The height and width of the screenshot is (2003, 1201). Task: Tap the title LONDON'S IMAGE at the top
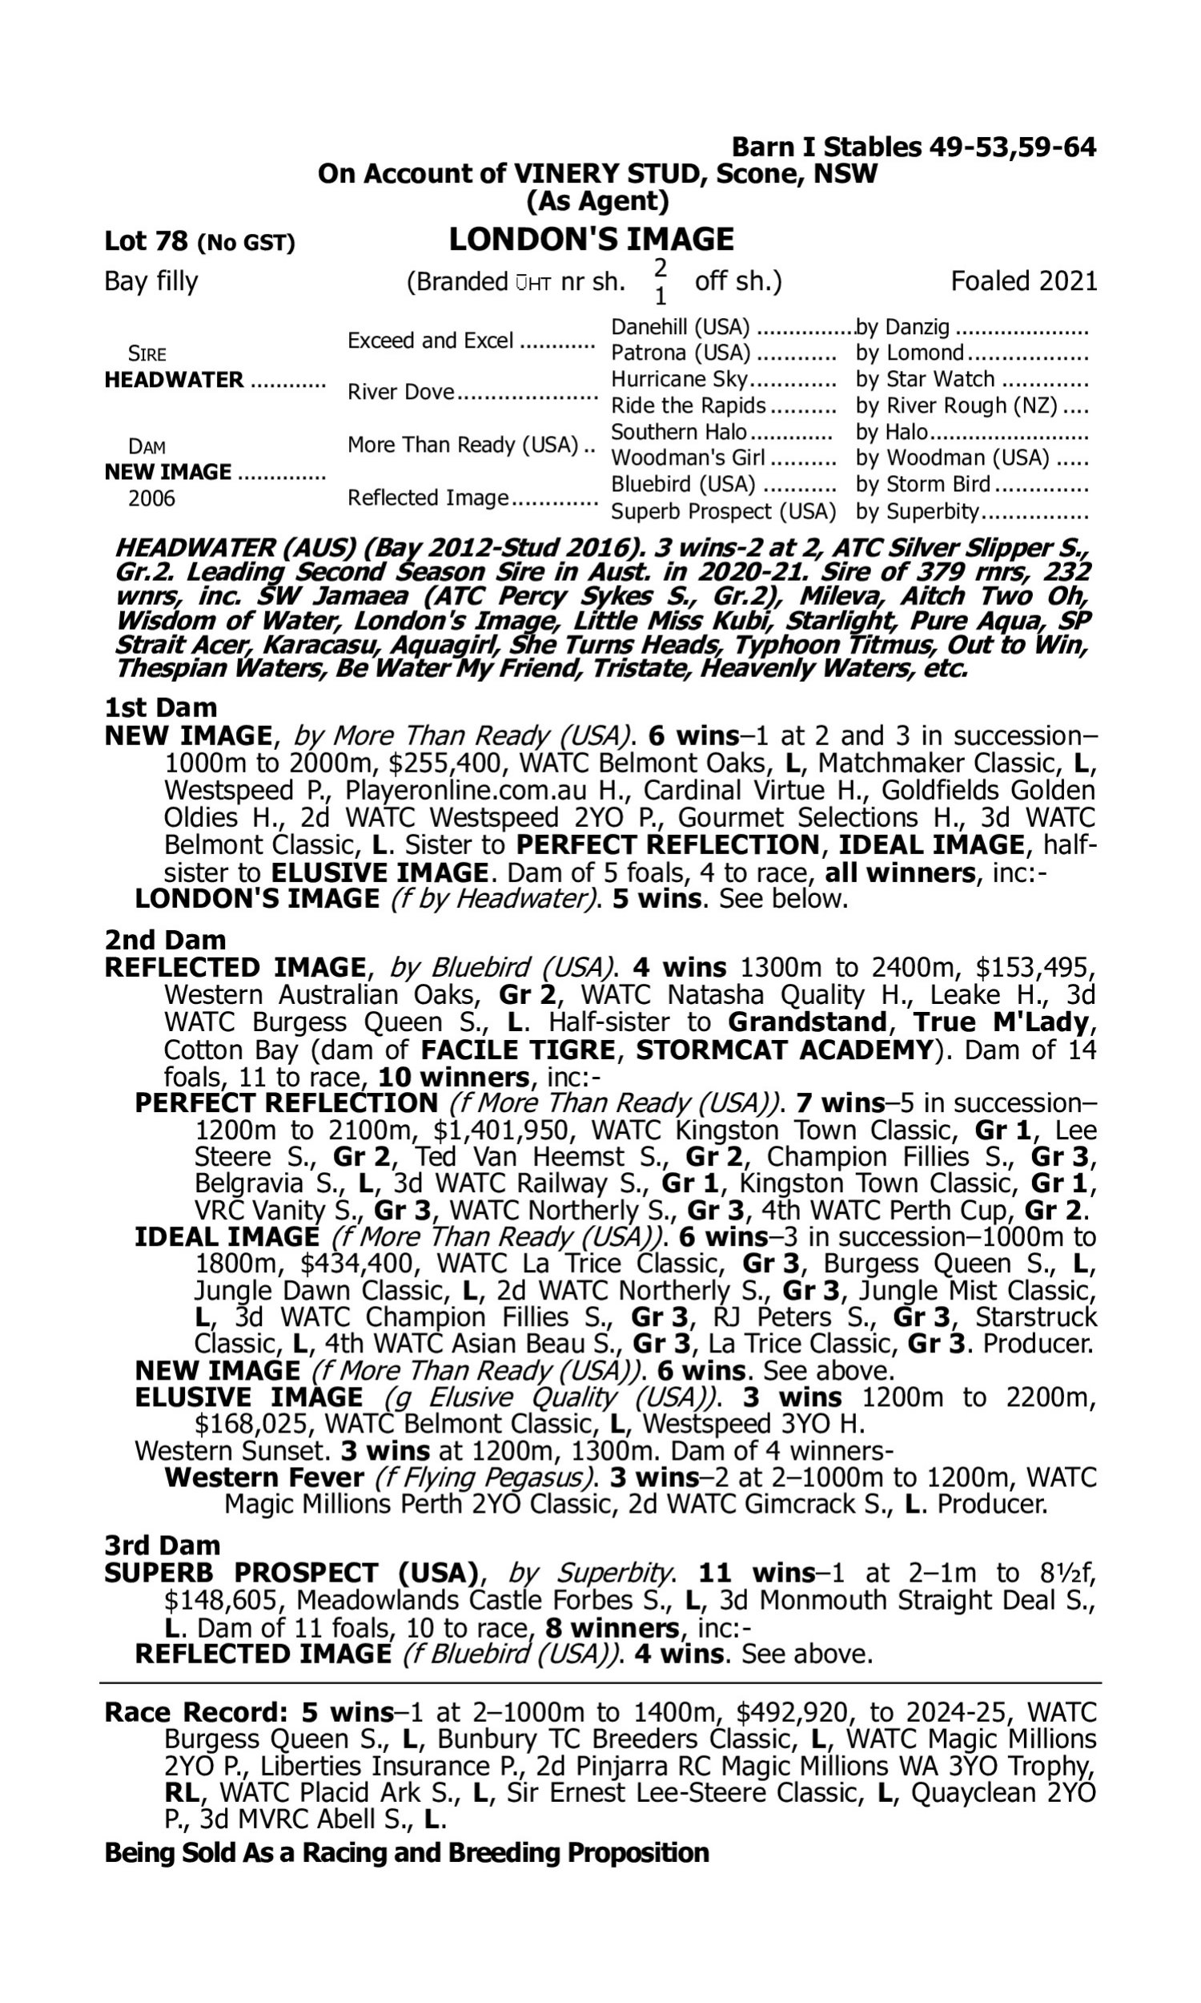[591, 240]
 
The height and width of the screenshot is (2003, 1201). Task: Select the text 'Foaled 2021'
[1023, 282]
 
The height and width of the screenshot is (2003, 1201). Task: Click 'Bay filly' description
[151, 282]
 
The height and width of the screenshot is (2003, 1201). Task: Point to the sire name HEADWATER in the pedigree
[174, 380]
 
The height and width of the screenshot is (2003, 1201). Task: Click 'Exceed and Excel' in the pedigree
[431, 341]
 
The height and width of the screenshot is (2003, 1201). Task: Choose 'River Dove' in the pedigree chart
[400, 393]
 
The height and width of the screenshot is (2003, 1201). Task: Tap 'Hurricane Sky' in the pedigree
[680, 380]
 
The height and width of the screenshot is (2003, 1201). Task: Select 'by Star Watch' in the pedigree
[925, 380]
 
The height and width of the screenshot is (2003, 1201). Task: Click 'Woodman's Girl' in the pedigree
[687, 458]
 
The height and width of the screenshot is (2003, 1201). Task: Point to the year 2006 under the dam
[151, 498]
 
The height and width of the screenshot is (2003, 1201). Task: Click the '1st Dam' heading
[161, 707]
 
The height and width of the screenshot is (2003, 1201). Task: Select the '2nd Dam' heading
[165, 940]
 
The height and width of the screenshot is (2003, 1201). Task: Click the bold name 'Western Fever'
[264, 1477]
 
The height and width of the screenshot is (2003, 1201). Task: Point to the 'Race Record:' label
[196, 1712]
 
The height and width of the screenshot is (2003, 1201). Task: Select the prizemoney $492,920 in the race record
[793, 1712]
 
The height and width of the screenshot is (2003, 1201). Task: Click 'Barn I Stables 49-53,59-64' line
[914, 147]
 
